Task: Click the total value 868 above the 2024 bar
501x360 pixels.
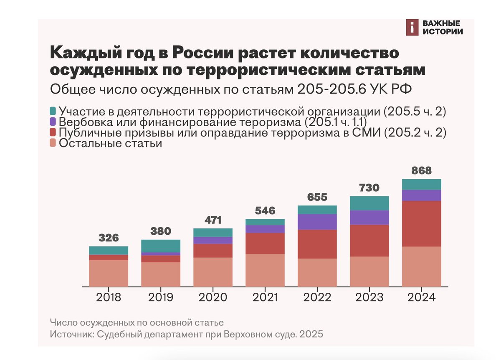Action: pos(421,171)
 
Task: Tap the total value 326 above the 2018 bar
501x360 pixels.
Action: pos(109,238)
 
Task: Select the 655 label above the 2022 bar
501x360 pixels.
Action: pos(317,197)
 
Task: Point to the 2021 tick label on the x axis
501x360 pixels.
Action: pos(265,297)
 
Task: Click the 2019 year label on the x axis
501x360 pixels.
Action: pos(161,297)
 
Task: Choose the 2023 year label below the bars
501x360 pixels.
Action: pos(369,297)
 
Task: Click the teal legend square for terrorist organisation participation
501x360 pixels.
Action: pos(53,112)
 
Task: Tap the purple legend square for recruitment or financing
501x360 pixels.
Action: pos(53,122)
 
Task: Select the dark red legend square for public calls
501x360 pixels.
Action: pos(53,133)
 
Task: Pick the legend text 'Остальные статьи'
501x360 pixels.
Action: pos(111,143)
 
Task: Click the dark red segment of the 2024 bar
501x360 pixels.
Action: pos(421,223)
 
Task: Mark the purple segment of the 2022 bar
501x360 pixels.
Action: pos(317,221)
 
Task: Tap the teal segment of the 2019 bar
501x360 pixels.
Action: pos(161,246)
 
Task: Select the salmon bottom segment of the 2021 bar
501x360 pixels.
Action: pos(265,270)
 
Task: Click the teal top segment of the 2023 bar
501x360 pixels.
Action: pos(369,203)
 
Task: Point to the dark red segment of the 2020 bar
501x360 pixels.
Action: pos(213,251)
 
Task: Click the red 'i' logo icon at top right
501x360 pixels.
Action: pos(412,28)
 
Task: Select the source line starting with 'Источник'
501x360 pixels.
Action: pos(186,335)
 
